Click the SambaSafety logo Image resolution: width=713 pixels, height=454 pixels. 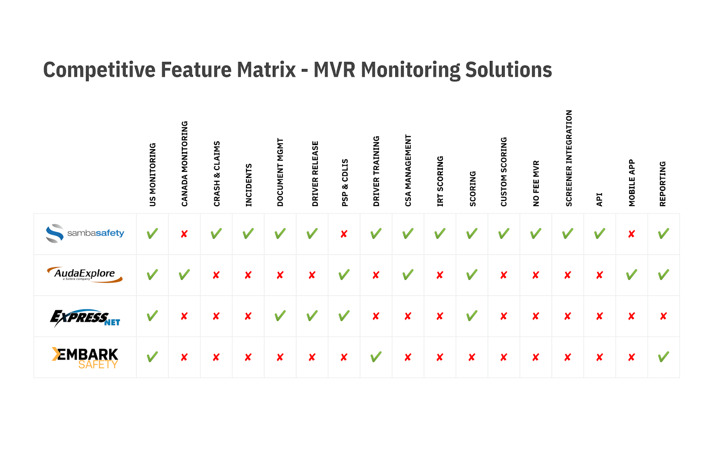[85, 233]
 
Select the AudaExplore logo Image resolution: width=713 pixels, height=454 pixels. [85, 274]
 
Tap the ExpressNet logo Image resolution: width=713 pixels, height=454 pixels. [85, 318]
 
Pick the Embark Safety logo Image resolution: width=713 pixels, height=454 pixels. [85, 358]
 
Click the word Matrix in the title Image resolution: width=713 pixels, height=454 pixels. [266, 69]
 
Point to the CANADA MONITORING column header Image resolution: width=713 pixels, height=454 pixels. [184, 164]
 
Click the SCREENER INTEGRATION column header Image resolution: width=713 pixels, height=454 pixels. [569, 158]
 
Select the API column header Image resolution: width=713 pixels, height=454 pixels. [599, 199]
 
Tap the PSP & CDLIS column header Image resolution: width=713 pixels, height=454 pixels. [345, 182]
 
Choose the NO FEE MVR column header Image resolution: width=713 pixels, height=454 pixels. [536, 183]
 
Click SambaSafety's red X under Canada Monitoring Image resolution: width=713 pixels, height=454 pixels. [184, 234]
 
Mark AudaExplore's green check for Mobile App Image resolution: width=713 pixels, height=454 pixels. [631, 274]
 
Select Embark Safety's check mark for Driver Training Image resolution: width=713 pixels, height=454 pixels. [376, 357]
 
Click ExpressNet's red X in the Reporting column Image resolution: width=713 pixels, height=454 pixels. [664, 316]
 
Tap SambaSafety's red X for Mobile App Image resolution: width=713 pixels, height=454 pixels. [631, 234]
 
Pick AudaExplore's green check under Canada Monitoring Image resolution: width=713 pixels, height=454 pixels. [184, 274]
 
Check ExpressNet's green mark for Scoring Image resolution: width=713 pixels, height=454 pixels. [472, 316]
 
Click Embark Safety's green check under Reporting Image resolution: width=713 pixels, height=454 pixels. [664, 357]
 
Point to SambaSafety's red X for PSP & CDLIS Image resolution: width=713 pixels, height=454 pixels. [344, 234]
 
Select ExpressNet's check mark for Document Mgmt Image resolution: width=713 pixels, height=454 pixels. [280, 316]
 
